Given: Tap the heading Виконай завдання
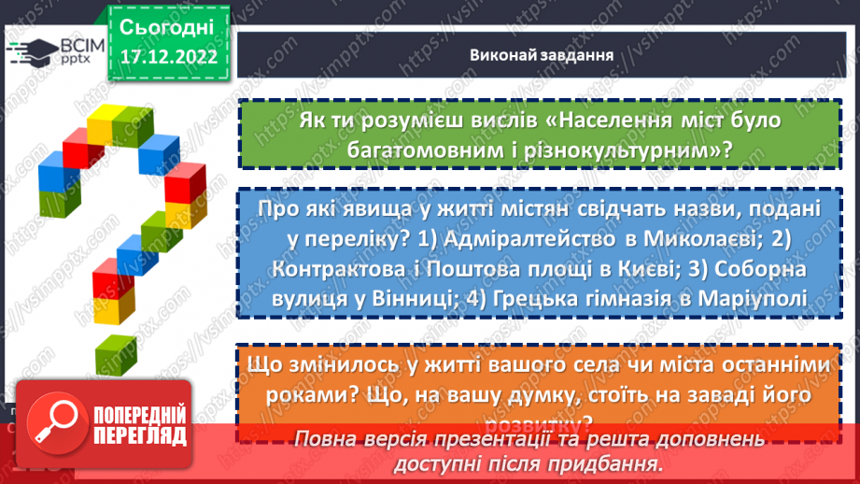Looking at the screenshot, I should [541, 54].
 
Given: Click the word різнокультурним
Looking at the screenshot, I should [588, 149].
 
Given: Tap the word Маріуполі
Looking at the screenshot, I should [745, 299].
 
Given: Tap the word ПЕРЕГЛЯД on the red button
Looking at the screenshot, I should [140, 435].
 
